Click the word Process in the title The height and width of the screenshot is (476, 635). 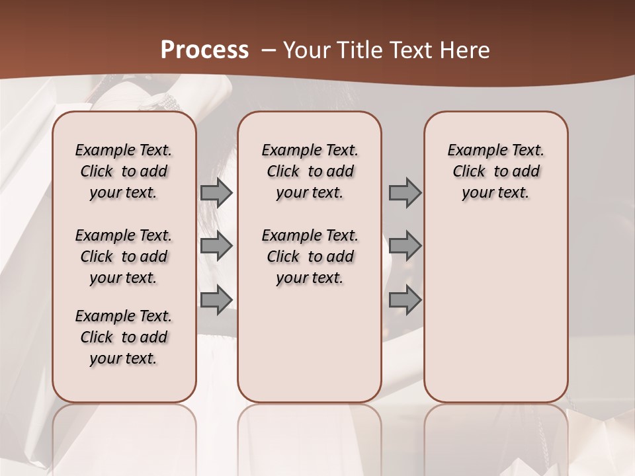point(204,50)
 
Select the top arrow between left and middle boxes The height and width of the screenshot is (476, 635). point(216,192)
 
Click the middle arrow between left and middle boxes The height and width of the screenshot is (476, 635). point(216,246)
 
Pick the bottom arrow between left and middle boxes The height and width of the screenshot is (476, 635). point(216,300)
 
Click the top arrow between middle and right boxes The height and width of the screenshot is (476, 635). point(405,192)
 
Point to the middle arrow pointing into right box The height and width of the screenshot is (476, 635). point(405,246)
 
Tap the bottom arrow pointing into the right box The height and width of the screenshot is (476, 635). point(405,300)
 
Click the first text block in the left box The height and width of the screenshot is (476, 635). point(124,171)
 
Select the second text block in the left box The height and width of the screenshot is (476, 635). point(124,257)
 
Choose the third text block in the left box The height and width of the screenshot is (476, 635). point(124,337)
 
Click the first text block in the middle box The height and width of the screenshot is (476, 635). point(310,171)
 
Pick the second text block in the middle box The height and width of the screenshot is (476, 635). point(310,257)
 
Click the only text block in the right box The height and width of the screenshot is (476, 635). point(496,171)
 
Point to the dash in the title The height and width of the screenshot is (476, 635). point(269,50)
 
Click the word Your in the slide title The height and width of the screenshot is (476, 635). point(305,50)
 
